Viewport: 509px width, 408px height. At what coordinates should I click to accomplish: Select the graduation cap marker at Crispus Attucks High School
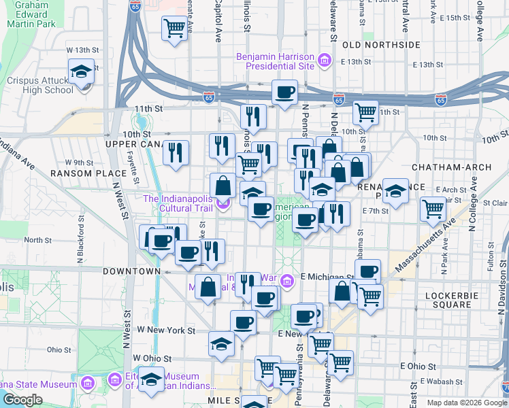(80, 71)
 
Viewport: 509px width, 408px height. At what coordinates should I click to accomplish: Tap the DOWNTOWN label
(131, 271)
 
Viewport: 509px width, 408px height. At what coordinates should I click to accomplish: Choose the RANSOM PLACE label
(79, 173)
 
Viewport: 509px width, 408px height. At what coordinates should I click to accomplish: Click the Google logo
(22, 400)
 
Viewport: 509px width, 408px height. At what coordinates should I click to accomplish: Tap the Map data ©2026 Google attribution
(467, 403)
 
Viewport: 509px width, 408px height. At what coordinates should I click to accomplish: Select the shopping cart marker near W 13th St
(174, 28)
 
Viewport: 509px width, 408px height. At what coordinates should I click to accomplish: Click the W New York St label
(166, 330)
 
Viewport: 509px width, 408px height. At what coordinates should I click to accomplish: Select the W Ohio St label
(152, 358)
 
